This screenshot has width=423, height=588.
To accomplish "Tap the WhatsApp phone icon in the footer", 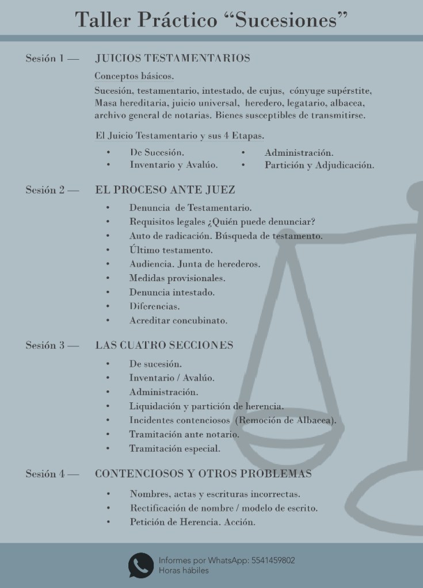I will pyautogui.click(x=140, y=565).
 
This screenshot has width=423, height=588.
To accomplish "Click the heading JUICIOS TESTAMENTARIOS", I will pyautogui.click(x=173, y=58).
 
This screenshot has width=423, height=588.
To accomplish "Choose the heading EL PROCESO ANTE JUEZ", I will pyautogui.click(x=165, y=190).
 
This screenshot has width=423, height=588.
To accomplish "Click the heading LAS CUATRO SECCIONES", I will pyautogui.click(x=164, y=345).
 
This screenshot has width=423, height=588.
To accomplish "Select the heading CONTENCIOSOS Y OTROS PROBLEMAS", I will pyautogui.click(x=203, y=474).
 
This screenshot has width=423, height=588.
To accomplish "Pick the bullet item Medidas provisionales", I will pyautogui.click(x=177, y=278).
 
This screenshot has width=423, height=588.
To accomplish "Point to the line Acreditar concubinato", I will pyautogui.click(x=178, y=320).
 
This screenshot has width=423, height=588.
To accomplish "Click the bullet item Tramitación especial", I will pyautogui.click(x=175, y=448).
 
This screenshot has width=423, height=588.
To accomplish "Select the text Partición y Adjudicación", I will pyautogui.click(x=319, y=166).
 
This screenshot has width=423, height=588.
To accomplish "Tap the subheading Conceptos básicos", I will pyautogui.click(x=134, y=76).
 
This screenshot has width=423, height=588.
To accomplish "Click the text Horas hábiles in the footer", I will pyautogui.click(x=184, y=571).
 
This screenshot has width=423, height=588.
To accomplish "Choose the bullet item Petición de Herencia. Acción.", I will pyautogui.click(x=193, y=522).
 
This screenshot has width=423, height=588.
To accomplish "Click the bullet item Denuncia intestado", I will pyautogui.click(x=172, y=292).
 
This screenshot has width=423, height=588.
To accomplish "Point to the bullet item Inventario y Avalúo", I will pyautogui.click(x=174, y=166).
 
